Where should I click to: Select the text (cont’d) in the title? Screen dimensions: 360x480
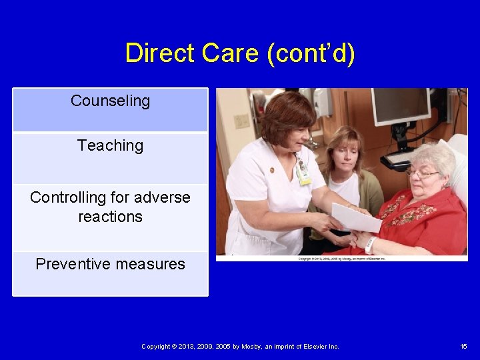click(311, 53)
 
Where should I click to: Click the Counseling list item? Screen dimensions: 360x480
click(110, 101)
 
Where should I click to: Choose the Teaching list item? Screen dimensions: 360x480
click(110, 145)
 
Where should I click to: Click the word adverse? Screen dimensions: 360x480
click(162, 197)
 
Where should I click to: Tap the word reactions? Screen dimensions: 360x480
click(110, 217)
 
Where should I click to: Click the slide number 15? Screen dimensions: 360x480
click(463, 346)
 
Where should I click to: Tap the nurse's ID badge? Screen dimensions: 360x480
click(303, 173)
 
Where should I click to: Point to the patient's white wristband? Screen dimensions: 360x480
click(370, 245)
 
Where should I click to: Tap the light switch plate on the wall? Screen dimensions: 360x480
click(241, 121)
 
